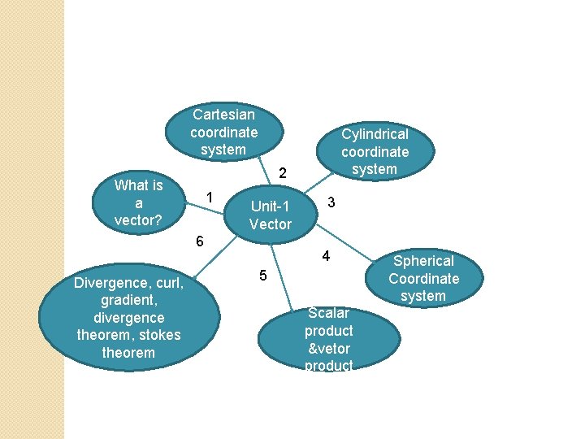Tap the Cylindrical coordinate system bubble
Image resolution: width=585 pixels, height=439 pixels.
(375, 151)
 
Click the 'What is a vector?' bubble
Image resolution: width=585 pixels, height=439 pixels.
(138, 202)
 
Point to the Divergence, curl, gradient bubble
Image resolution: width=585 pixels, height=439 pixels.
(128, 318)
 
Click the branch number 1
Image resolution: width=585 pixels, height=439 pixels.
(210, 198)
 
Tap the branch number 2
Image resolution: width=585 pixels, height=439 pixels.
(282, 173)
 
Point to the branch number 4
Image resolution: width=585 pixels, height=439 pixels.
(325, 256)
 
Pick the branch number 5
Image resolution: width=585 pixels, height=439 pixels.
(262, 276)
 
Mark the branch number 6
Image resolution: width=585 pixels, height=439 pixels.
(200, 241)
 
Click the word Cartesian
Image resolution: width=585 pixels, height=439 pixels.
(223, 115)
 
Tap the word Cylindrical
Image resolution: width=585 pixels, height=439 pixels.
(375, 134)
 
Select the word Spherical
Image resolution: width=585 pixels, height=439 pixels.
(423, 261)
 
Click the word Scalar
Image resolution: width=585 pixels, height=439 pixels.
(329, 313)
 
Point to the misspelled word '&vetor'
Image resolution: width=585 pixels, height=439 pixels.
(329, 349)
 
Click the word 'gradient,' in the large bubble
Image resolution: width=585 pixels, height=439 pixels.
(128, 300)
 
